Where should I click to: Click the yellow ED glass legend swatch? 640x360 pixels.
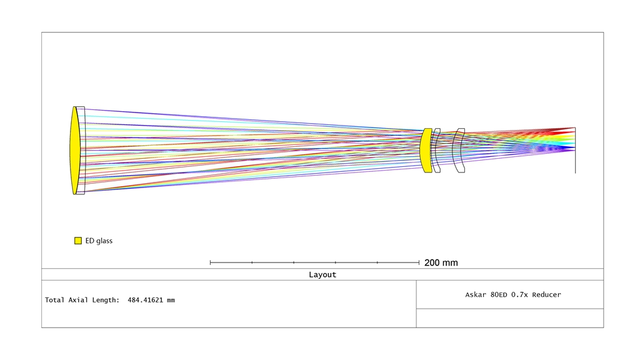[x=78, y=241]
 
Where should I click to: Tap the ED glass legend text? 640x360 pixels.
[x=99, y=241]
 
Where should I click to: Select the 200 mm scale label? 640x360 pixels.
[x=441, y=263]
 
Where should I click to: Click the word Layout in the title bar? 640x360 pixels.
[x=322, y=275]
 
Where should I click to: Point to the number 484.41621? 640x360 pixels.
[x=145, y=300]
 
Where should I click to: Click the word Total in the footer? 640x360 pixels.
[x=54, y=300]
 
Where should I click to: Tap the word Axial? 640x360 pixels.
[x=78, y=300]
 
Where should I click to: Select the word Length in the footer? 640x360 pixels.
[x=106, y=300]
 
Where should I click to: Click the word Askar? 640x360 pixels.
[x=476, y=295]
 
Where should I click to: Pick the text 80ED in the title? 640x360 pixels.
[x=499, y=295]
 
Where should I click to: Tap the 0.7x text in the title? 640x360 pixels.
[x=519, y=295]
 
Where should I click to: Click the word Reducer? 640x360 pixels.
[x=546, y=295]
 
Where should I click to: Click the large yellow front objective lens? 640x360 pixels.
[x=75, y=150]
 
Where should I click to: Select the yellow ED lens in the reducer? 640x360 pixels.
[x=426, y=150]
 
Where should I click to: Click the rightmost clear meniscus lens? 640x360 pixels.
[x=459, y=150]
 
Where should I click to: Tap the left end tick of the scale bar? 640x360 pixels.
[x=210, y=262]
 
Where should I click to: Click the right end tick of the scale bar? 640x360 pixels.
[x=419, y=262]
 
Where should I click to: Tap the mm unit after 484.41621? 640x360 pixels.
[x=171, y=301]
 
